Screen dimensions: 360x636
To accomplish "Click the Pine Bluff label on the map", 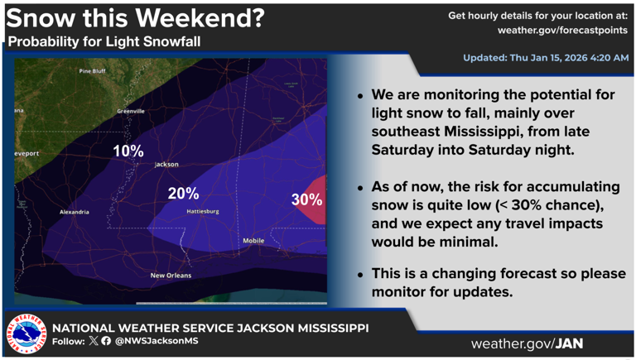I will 92,71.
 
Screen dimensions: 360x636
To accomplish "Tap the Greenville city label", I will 131,111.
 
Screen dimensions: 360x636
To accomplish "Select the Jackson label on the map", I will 166,165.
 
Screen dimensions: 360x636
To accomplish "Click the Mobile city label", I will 253,241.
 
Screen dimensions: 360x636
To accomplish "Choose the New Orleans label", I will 171,276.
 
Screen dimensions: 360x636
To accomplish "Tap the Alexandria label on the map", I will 74,212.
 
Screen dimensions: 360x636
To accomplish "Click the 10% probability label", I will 128,151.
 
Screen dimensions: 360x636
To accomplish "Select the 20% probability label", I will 183,194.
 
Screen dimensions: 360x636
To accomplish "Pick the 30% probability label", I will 306,200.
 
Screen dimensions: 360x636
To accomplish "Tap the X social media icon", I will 93,341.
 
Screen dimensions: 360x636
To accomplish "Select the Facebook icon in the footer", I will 106,341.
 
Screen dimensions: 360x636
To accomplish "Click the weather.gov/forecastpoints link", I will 563,30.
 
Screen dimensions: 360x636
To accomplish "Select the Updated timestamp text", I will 546,58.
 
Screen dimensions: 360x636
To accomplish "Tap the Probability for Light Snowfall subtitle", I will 104,41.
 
